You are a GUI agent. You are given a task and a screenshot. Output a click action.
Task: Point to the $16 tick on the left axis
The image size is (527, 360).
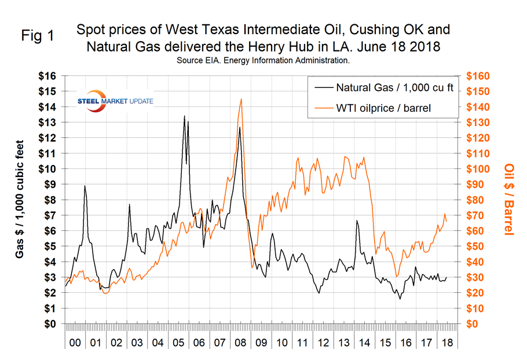click(x=52, y=76)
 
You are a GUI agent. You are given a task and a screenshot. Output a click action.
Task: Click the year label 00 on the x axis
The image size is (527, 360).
click(x=75, y=343)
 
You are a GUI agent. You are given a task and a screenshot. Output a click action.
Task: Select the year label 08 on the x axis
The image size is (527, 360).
click(x=239, y=343)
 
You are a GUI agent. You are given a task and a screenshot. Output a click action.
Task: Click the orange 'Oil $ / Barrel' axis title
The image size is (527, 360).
click(x=508, y=199)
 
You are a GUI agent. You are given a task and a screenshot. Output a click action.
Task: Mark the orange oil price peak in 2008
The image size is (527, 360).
click(x=241, y=100)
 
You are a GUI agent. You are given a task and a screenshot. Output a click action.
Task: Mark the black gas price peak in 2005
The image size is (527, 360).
click(x=184, y=116)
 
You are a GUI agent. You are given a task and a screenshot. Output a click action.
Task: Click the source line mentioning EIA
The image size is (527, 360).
click(x=263, y=59)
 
